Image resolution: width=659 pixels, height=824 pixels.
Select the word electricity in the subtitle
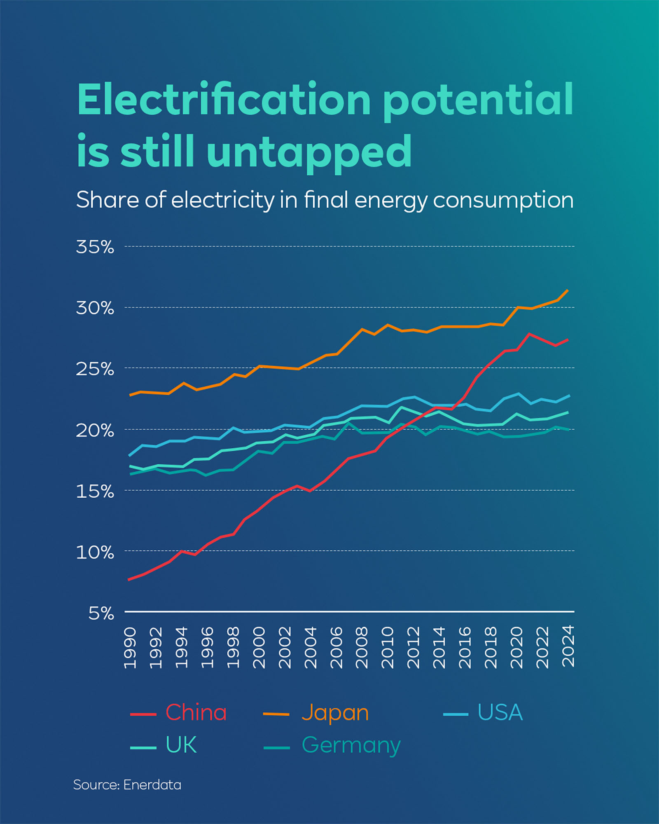click(x=222, y=201)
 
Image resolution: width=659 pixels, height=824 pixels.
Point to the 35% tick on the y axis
click(x=95, y=247)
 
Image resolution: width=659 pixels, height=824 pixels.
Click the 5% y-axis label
click(x=101, y=613)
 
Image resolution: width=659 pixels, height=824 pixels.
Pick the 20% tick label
click(x=95, y=431)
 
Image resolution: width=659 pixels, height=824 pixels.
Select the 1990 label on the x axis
click(x=130, y=647)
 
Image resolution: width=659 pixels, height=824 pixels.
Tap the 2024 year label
click(x=568, y=646)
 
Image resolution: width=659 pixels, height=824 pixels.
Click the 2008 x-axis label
click(x=362, y=647)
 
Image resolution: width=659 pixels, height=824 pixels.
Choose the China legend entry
click(x=196, y=712)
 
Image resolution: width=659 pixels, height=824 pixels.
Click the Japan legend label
click(x=335, y=713)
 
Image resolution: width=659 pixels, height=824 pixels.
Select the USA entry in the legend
click(x=500, y=712)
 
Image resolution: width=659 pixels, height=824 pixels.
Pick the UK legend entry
click(x=181, y=744)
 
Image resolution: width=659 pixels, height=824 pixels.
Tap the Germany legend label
click(x=351, y=745)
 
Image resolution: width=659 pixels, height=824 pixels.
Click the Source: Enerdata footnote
click(x=127, y=785)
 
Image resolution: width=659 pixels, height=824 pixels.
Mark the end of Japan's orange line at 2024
click(x=568, y=290)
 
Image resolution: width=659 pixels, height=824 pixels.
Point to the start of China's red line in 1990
click(x=129, y=580)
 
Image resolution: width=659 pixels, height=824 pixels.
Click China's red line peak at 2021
click(x=529, y=334)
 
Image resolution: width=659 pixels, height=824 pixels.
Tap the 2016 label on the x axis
click(x=465, y=647)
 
